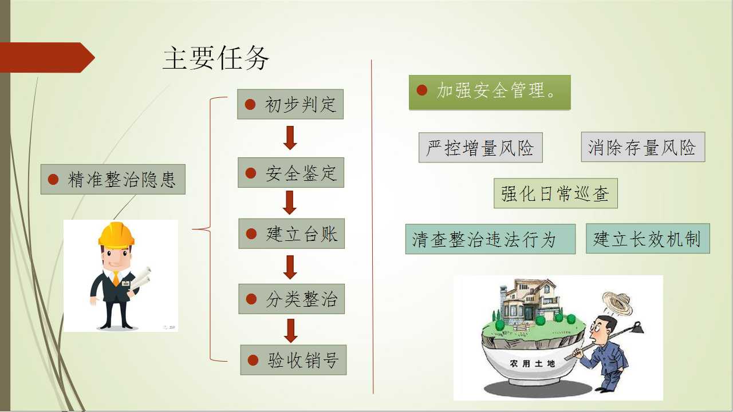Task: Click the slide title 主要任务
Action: (216, 58)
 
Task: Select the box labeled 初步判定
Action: (290, 104)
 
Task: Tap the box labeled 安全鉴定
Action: (291, 173)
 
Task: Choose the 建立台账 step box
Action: (291, 233)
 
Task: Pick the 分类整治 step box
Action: (291, 299)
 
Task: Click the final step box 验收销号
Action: (293, 360)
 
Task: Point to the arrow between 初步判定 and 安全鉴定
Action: (290, 137)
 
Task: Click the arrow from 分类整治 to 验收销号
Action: (291, 331)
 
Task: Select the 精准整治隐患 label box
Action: (113, 179)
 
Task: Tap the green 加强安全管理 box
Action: (490, 92)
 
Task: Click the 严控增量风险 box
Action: (480, 148)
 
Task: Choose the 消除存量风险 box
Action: (643, 147)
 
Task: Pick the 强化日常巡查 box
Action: (555, 193)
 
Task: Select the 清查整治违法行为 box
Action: (490, 239)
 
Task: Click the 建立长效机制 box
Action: (648, 239)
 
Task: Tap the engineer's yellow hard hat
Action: (116, 235)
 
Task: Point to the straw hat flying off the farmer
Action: (617, 304)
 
